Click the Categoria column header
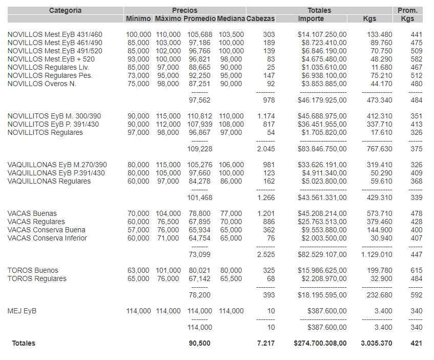(65, 10)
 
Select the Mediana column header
(231, 19)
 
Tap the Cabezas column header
(260, 19)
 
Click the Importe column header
(311, 19)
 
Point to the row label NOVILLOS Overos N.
(42, 84)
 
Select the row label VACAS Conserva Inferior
(47, 238)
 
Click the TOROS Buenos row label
(33, 270)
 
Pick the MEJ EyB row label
(22, 311)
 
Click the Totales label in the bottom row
(24, 343)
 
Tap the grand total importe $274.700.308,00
(320, 343)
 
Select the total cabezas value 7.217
(266, 343)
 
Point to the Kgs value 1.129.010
(377, 254)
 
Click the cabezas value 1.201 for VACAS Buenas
(266, 213)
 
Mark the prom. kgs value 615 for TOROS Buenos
(417, 270)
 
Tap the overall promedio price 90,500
(200, 343)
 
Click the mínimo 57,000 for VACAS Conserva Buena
(138, 230)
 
